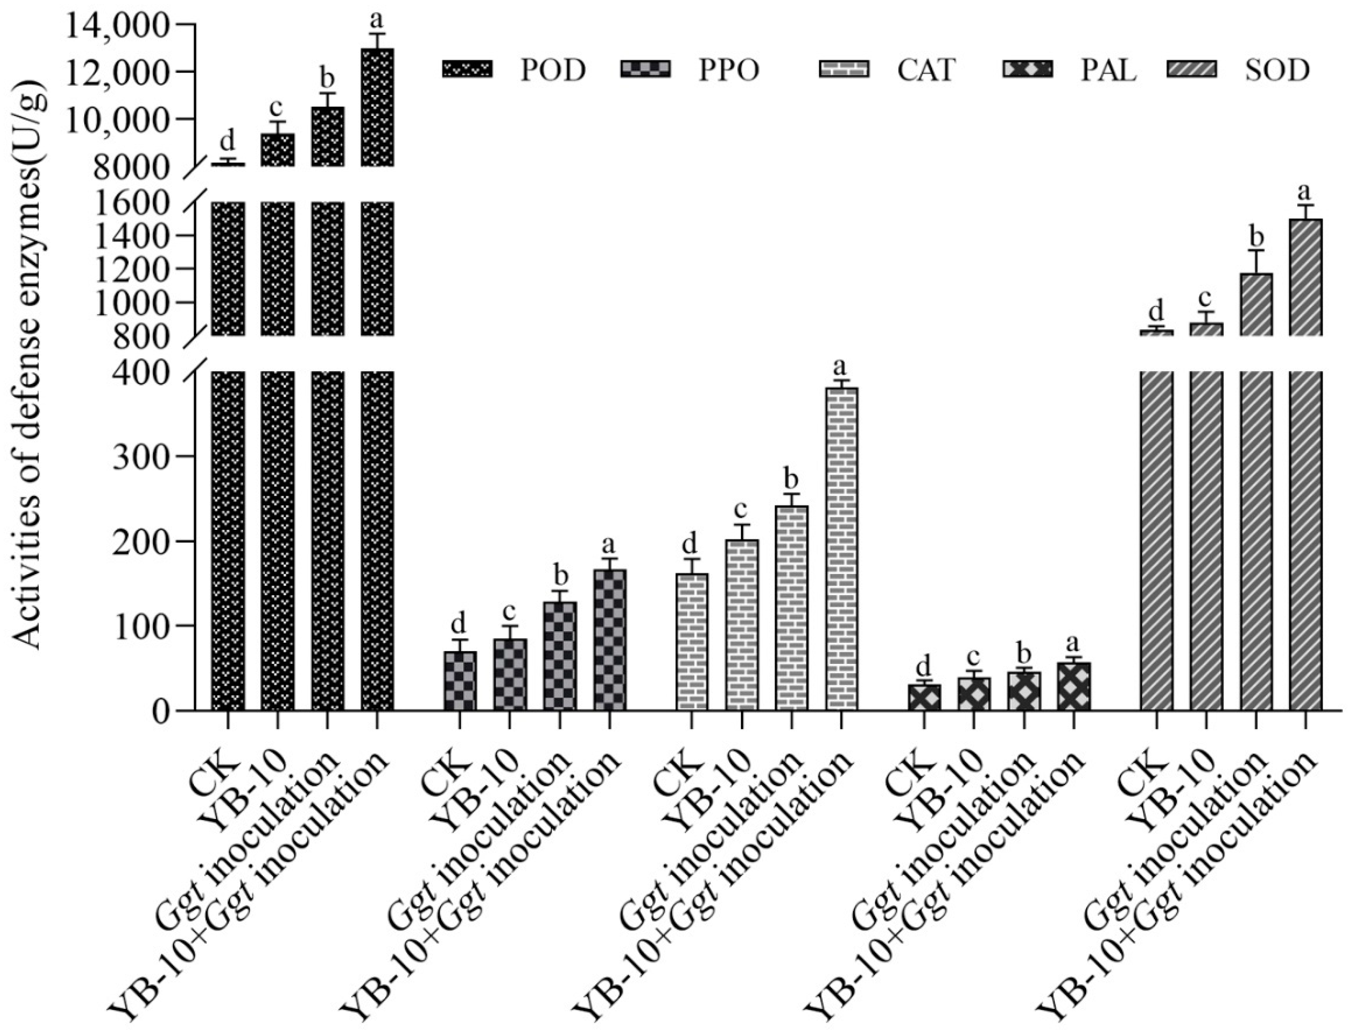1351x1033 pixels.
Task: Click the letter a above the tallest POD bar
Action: pyautogui.click(x=377, y=19)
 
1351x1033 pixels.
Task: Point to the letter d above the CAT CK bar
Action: pyautogui.click(x=690, y=544)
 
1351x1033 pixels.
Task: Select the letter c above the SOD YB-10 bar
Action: pyautogui.click(x=1205, y=298)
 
